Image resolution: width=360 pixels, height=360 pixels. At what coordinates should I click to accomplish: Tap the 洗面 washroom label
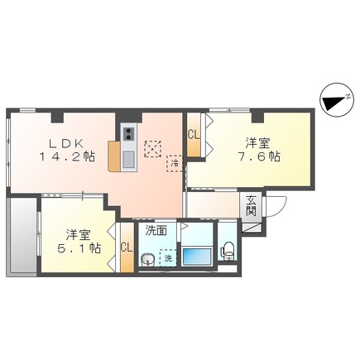coord(157,231)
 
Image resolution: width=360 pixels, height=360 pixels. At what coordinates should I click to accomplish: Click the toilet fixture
coord(228,251)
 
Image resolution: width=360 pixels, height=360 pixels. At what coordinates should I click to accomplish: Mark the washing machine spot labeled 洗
coord(168,257)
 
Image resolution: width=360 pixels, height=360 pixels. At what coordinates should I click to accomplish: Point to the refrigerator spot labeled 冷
coord(175,163)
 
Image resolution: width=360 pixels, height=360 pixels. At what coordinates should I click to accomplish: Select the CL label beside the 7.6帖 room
coord(193,136)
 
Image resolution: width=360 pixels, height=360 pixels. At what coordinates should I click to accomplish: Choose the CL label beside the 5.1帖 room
coord(127,247)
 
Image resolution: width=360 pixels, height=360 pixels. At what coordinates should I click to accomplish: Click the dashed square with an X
coord(153,150)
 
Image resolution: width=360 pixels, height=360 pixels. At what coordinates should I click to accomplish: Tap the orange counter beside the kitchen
coord(114,156)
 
